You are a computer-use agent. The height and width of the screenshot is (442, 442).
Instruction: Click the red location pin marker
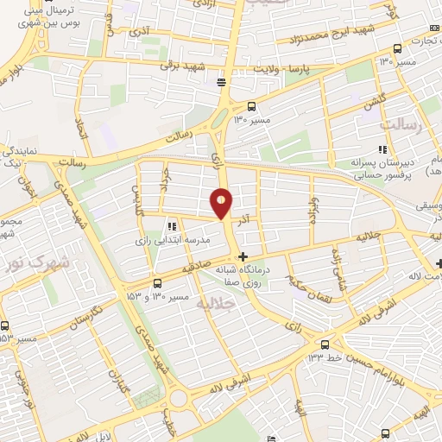click(x=221, y=203)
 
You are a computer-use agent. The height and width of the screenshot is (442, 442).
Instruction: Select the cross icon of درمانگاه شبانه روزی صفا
click(x=243, y=256)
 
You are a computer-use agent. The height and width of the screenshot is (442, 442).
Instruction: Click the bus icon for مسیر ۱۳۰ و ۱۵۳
click(x=157, y=283)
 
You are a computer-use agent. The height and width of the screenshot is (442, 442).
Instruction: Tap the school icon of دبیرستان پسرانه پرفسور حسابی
click(x=382, y=150)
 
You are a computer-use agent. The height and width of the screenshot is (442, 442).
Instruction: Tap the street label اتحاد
click(x=81, y=129)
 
